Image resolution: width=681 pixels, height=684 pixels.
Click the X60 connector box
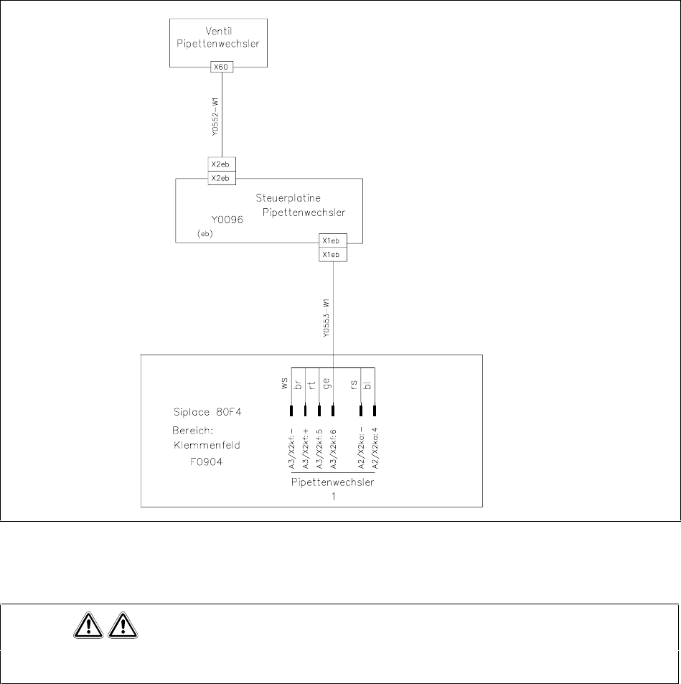point(221,67)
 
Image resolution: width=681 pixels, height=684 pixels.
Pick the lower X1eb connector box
point(333,255)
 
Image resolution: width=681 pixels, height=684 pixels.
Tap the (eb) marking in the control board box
point(205,234)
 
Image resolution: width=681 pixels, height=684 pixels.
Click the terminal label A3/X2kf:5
point(319,449)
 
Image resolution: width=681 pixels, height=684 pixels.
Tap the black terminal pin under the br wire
point(305,411)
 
